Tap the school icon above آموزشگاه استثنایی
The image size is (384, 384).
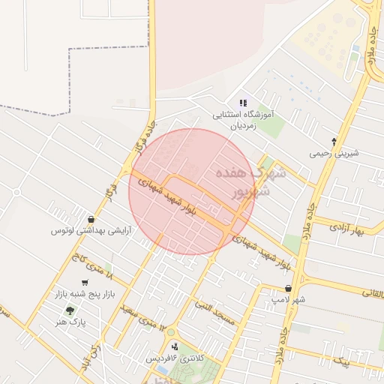(x=242, y=103)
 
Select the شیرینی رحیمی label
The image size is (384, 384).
(x=334, y=153)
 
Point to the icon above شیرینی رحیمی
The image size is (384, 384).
(x=334, y=140)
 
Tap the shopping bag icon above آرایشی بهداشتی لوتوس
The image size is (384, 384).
(x=91, y=218)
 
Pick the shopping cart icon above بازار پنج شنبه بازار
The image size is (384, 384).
(x=85, y=283)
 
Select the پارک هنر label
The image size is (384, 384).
(x=72, y=321)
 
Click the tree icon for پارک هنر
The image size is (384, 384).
(x=70, y=310)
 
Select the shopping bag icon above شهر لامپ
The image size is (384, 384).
(x=288, y=288)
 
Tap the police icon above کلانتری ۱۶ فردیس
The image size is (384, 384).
(x=175, y=346)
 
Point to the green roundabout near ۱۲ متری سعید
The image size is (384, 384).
(x=170, y=333)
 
